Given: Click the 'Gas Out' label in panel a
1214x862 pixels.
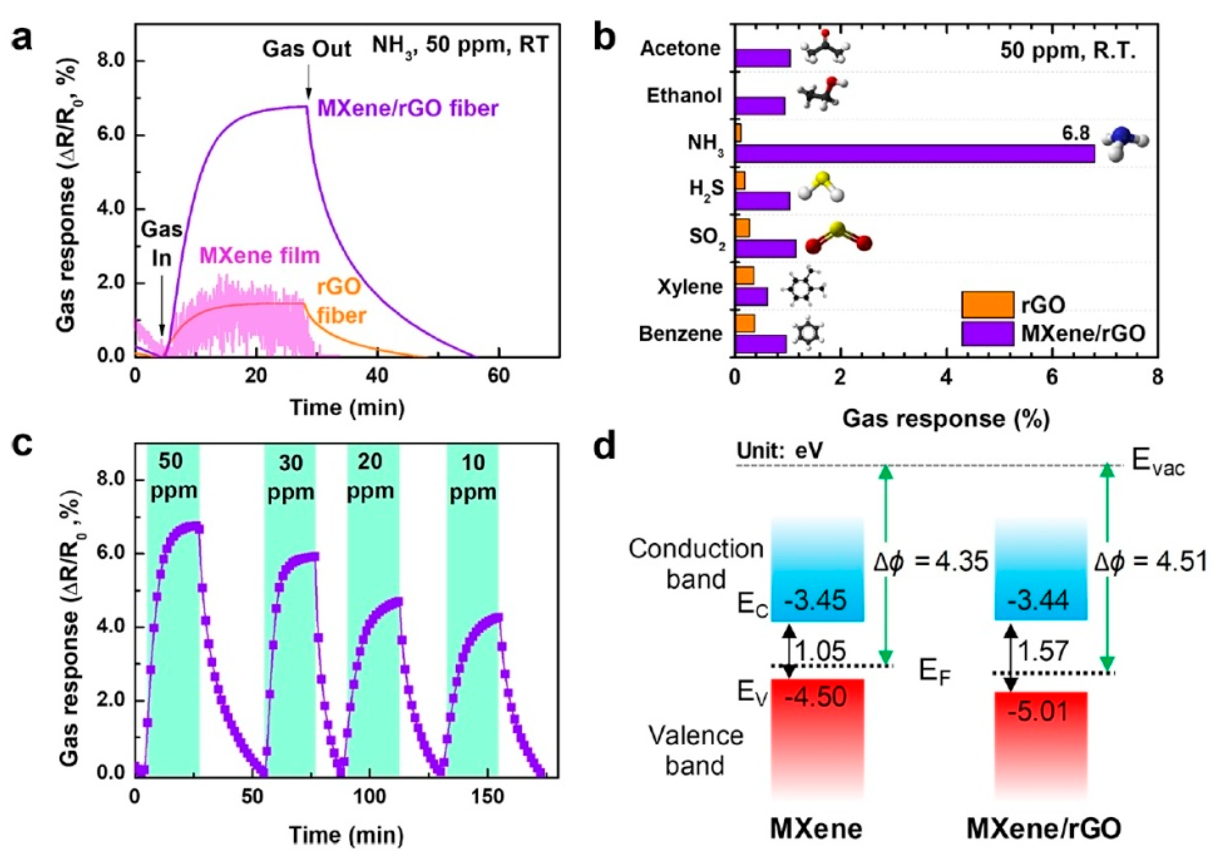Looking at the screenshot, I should click(307, 49).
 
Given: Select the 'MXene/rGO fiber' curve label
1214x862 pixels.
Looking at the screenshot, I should click(408, 109).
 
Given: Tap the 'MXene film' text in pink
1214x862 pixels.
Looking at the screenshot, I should click(260, 256).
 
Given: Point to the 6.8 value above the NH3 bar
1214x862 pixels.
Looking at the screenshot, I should click(1075, 134).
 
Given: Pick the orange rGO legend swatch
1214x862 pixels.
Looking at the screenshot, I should click(987, 304).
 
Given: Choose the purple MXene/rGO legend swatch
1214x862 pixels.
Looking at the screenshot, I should click(987, 333).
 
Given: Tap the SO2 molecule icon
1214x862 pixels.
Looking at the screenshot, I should click(838, 238).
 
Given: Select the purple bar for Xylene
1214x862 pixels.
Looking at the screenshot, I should click(751, 296).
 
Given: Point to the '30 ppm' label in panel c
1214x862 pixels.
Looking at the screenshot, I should click(290, 478).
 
